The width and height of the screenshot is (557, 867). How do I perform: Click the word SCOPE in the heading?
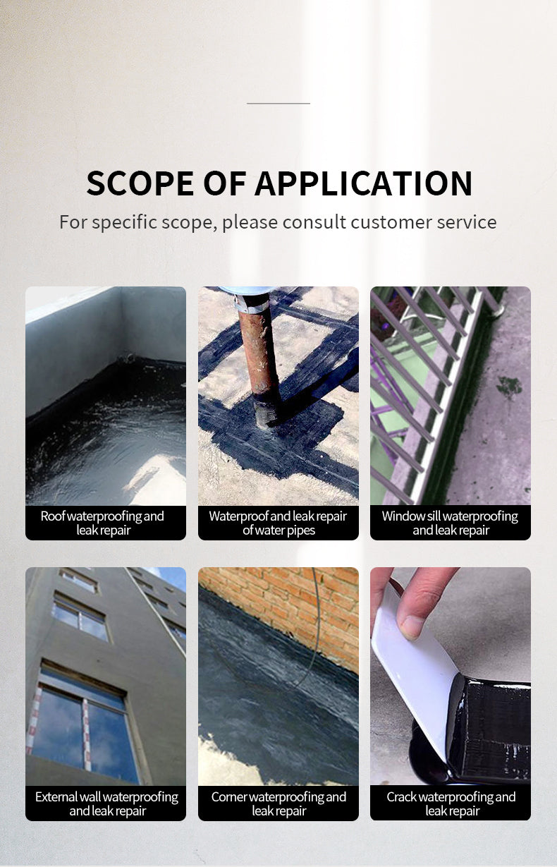140,183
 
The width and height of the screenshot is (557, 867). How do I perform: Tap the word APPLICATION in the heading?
363,183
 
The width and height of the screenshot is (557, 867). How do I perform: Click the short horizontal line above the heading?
278,103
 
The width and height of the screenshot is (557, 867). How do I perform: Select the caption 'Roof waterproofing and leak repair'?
102,523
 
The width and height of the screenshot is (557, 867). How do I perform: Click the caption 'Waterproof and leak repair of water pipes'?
278,523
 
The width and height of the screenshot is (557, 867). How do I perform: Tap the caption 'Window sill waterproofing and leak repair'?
451,523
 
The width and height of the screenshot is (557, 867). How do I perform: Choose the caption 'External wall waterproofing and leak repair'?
106,804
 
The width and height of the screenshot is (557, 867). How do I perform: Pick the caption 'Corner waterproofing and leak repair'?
278,804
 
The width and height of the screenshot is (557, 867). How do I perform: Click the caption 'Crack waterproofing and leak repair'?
451,804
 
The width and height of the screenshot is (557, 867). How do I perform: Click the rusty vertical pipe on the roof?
258,360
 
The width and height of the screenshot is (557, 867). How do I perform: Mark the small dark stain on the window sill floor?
510,387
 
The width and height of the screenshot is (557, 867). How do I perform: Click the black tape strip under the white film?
487,727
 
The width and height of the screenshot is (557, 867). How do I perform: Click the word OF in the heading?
224,183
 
